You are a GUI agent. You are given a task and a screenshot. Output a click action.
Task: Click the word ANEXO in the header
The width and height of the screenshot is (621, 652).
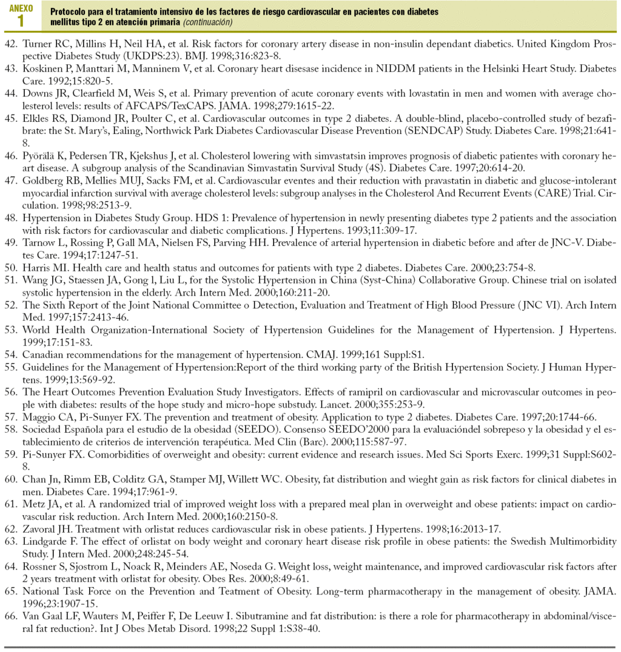point(22,8)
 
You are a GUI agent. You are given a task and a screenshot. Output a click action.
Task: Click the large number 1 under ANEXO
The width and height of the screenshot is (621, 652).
point(21,21)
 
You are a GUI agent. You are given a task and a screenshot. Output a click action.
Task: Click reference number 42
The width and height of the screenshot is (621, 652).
point(12,45)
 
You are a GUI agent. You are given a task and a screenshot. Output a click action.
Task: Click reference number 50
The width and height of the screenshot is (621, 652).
point(12,267)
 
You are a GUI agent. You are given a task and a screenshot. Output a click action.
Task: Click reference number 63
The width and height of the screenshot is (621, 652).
point(12,541)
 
